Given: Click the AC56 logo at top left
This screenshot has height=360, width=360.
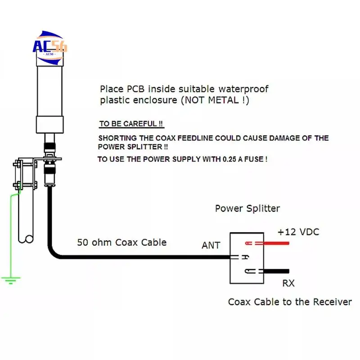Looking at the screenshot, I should tap(49, 45).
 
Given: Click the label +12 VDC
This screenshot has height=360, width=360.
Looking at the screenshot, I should tap(298, 232).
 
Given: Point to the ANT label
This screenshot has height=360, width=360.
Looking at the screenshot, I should tap(211, 245).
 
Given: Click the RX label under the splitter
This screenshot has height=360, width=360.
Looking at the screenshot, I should tap(288, 283).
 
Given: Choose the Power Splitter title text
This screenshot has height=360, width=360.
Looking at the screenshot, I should tap(247, 208).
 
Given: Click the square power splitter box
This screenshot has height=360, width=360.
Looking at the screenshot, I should tap(247, 257).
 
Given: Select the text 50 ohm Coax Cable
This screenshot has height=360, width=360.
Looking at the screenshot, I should tap(121, 243).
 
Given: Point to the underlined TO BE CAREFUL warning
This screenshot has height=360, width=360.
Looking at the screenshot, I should tap(131, 124).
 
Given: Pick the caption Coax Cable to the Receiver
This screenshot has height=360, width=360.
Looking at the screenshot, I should tap(290, 302).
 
